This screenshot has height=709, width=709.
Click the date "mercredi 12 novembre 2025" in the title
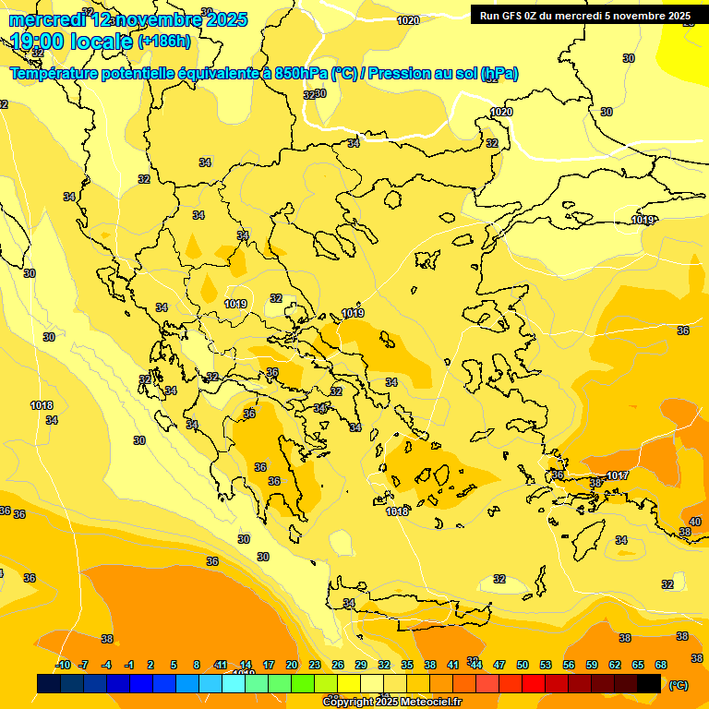(x=128, y=19)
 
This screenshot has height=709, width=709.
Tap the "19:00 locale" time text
(x=72, y=42)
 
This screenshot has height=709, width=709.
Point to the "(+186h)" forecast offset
(x=164, y=42)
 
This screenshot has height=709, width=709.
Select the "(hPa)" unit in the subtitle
(x=499, y=74)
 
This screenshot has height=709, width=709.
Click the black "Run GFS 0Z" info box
(x=585, y=16)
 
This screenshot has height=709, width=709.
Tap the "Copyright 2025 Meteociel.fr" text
(x=391, y=702)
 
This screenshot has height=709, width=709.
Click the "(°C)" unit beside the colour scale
(x=678, y=684)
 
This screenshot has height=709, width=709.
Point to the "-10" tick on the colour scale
(x=63, y=665)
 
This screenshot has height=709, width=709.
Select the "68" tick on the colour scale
(x=661, y=665)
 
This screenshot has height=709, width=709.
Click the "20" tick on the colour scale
(x=292, y=665)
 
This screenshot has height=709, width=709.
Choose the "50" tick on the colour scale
(x=523, y=665)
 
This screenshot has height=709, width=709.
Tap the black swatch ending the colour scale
(x=649, y=683)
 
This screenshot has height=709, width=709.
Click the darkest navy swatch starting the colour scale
(x=49, y=683)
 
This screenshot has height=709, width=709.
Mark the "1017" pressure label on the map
(x=618, y=476)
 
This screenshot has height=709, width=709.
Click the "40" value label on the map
(x=694, y=522)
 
